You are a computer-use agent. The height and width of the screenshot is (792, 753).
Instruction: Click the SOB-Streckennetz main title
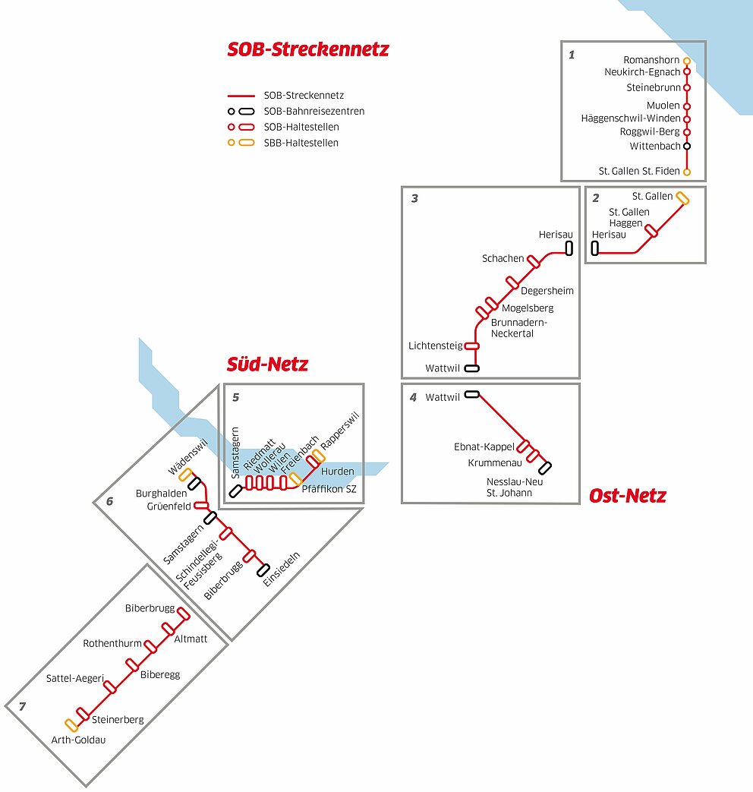(x=308, y=49)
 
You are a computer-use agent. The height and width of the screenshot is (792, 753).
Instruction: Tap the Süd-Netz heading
(x=267, y=364)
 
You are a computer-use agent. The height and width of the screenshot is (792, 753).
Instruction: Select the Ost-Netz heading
(x=627, y=496)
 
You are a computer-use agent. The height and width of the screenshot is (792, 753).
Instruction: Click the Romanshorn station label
(x=651, y=59)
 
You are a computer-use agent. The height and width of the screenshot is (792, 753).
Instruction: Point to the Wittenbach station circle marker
(x=687, y=146)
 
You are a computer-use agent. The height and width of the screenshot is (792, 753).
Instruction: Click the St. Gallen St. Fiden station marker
(x=687, y=172)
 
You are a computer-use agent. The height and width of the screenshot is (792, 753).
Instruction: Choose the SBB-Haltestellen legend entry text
(x=301, y=143)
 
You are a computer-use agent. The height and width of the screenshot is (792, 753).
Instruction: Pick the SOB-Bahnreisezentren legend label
(x=314, y=111)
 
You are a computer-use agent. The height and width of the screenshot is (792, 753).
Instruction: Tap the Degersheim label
(x=547, y=291)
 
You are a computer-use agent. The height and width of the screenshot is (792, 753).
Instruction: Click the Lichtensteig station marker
(x=471, y=346)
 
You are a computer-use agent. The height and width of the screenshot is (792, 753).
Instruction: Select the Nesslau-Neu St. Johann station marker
(x=544, y=468)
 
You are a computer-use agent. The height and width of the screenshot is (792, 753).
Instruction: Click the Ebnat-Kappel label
(x=484, y=446)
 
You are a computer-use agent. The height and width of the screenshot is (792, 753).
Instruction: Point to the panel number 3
(x=414, y=198)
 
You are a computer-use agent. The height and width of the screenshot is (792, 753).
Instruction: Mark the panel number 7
(x=22, y=706)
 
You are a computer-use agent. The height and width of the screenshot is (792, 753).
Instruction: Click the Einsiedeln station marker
(x=263, y=570)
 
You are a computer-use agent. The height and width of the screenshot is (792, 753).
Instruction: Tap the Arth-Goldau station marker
(x=71, y=725)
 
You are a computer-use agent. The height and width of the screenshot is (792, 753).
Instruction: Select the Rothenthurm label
(x=112, y=643)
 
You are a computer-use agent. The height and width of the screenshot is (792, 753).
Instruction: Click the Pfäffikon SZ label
(x=329, y=489)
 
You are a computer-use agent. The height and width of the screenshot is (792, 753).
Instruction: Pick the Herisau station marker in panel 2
(x=595, y=248)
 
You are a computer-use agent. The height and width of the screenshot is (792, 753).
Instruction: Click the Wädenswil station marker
(x=185, y=475)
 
